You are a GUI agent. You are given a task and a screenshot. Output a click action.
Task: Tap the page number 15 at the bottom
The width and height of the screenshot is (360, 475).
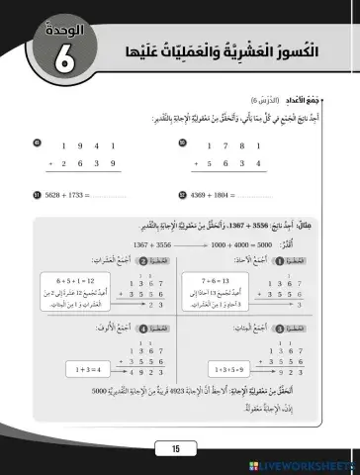pos(176,449)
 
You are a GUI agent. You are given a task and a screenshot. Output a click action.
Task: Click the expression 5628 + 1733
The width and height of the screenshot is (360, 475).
pos(64,194)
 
